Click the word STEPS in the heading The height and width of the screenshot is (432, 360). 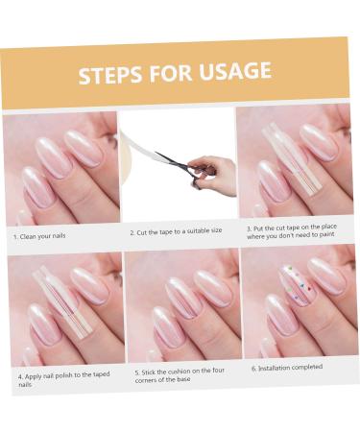click(109, 75)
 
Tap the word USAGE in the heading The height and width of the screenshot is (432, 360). click(235, 70)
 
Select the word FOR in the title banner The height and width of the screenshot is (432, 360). click(170, 73)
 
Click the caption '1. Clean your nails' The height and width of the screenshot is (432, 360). click(39, 236)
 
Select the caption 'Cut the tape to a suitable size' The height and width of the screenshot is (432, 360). click(176, 231)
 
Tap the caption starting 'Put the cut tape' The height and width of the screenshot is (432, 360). click(292, 231)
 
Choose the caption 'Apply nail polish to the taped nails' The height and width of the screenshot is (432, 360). click(63, 379)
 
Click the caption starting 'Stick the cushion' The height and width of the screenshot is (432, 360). click(180, 375)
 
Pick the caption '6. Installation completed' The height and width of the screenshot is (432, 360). click(287, 368)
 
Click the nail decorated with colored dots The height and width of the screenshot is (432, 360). click(299, 285)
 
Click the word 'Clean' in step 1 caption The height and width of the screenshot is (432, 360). click(28, 237)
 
